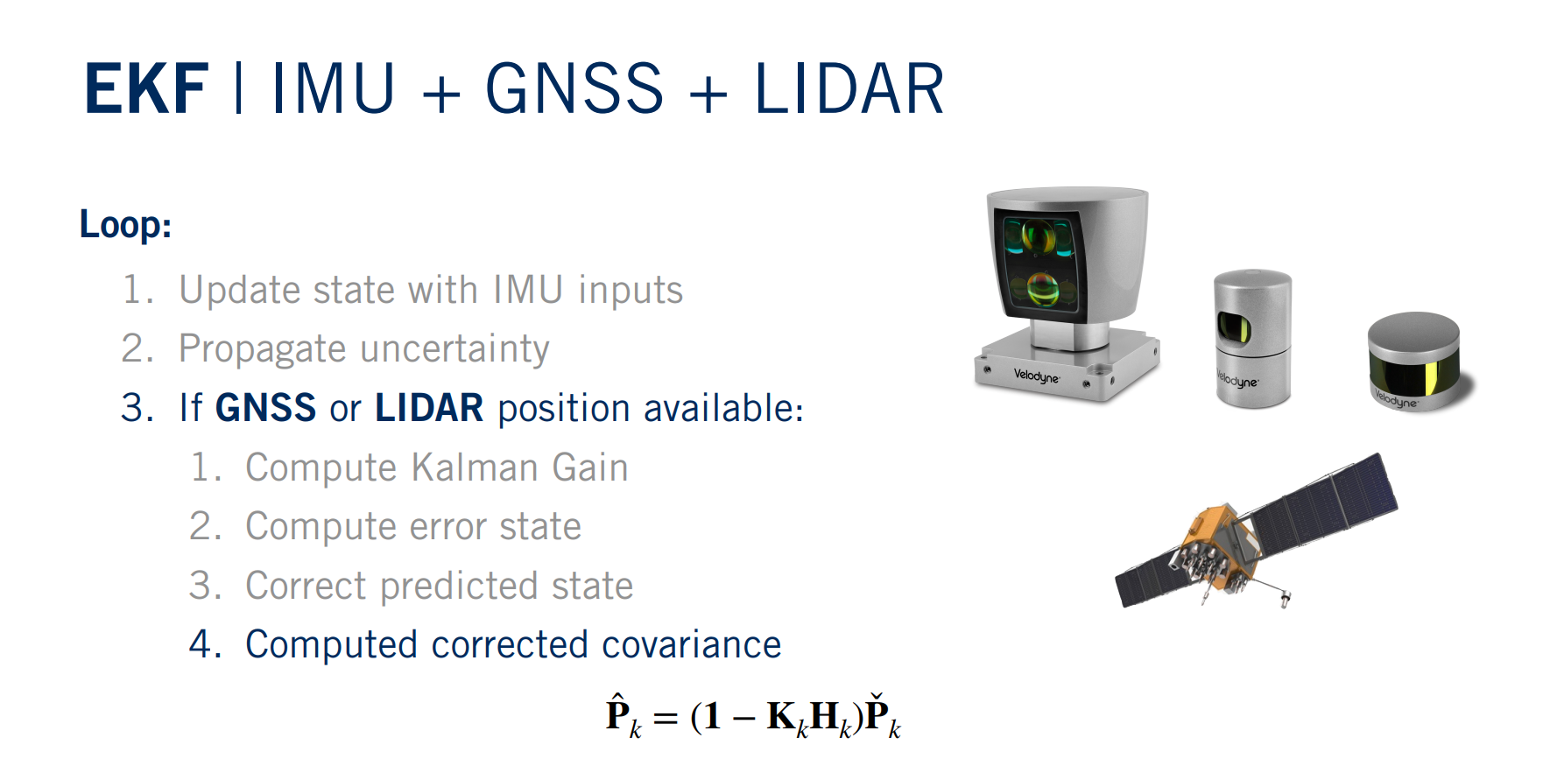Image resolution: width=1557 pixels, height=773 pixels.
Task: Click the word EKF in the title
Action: click(146, 89)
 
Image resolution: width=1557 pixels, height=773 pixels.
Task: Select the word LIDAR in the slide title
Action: click(849, 89)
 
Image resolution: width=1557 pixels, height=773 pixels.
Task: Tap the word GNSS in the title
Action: click(574, 89)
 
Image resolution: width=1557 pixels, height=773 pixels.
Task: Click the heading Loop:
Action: click(125, 224)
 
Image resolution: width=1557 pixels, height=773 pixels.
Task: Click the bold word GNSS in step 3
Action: click(265, 408)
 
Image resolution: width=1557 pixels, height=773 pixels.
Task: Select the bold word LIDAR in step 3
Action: click(429, 408)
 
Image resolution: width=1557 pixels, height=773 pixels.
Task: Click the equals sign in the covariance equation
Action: click(666, 718)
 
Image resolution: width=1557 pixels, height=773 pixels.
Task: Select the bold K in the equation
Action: click(781, 716)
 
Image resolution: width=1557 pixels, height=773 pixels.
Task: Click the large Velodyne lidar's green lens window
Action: click(1039, 263)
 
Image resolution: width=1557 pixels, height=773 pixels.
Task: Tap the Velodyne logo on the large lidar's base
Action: click(1037, 376)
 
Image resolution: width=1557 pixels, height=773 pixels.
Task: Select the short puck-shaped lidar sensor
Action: click(1415, 361)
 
